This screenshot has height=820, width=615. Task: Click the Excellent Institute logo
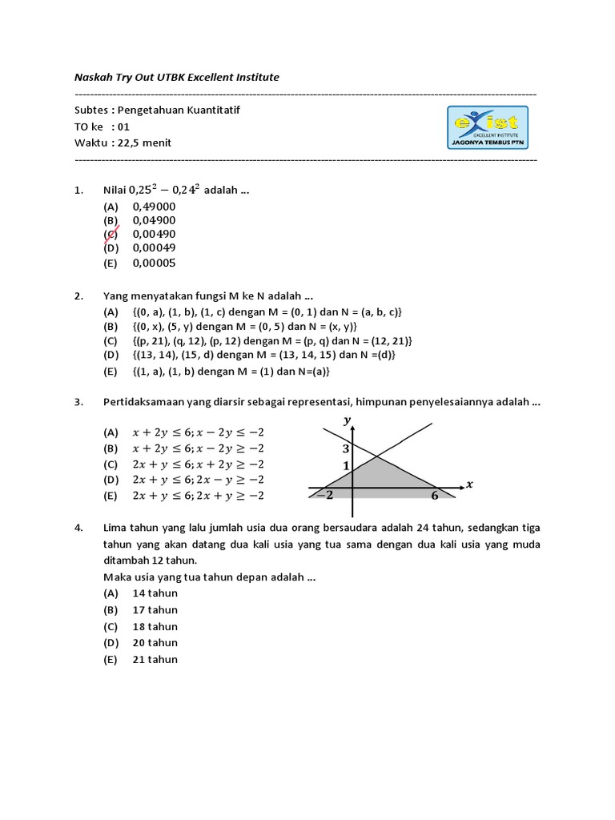coord(487,128)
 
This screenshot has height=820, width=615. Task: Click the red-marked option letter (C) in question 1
coord(111,235)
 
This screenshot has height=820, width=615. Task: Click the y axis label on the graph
coord(348,420)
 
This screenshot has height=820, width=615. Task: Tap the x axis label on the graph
coord(470,484)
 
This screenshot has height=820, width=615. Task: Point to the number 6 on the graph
coord(435,496)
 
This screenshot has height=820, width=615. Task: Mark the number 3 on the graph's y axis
coord(346,449)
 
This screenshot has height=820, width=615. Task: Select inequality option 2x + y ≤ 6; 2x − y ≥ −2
coord(198,480)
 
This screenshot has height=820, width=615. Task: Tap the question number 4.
coord(78,529)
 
